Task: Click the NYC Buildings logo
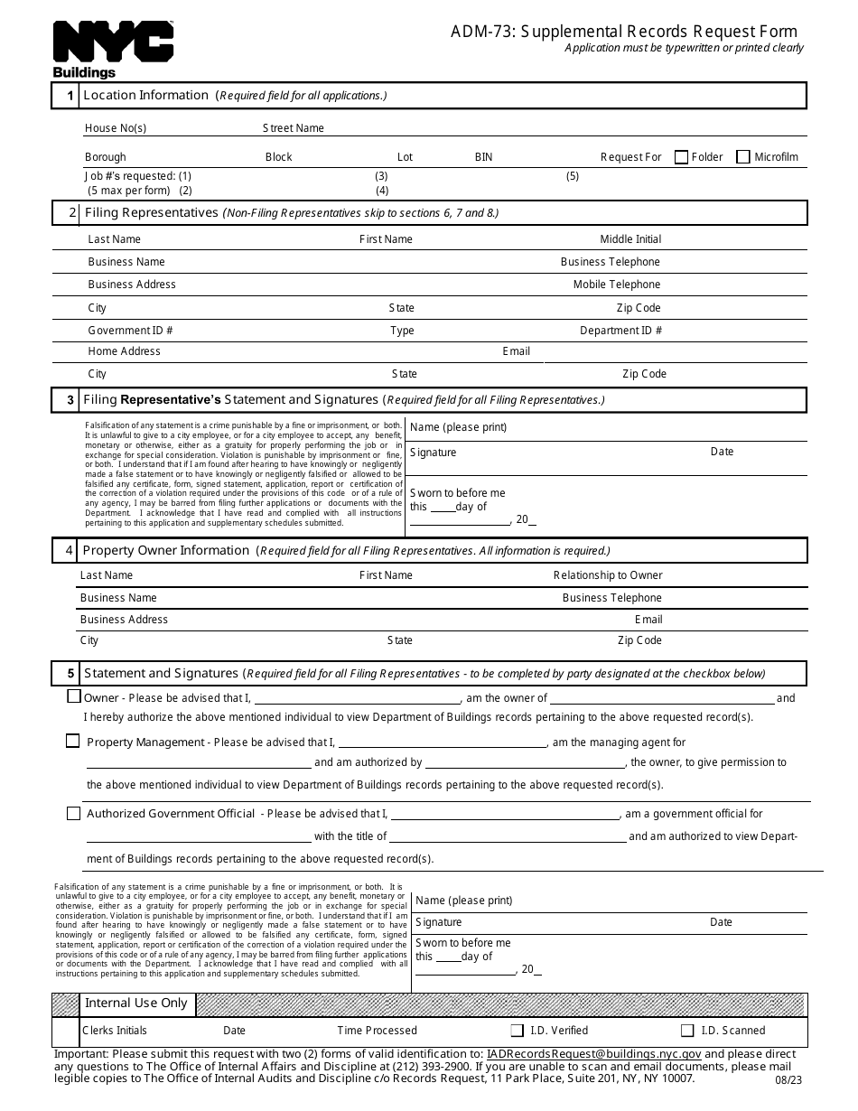113,48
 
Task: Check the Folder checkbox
682,157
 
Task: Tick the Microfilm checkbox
743,157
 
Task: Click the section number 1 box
66,96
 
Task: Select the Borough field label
106,157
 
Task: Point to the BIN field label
484,157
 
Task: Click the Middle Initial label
630,239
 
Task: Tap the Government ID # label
130,331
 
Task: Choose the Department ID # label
620,331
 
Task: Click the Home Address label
124,351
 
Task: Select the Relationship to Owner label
608,575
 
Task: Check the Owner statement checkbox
74,696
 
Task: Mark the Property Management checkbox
73,741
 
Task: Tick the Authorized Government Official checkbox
74,813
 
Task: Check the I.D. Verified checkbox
518,1031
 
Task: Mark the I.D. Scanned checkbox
687,1031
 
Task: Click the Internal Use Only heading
136,1004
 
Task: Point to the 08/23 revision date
787,1079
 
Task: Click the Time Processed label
378,1031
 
